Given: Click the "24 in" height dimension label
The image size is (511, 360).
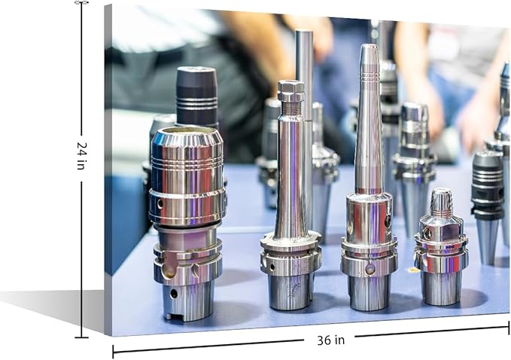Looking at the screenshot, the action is coord(81,156).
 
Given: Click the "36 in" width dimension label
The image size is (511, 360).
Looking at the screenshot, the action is coord(330,340).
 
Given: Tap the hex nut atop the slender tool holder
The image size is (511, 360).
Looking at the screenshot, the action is coord(291,90).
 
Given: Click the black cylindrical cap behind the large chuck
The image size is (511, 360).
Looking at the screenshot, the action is coord(196,96).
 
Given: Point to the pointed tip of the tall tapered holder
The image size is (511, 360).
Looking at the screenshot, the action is coord(369,46).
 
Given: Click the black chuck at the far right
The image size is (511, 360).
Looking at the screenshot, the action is coord(488,185).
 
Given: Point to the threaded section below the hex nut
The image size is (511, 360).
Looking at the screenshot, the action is coord(289,107).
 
